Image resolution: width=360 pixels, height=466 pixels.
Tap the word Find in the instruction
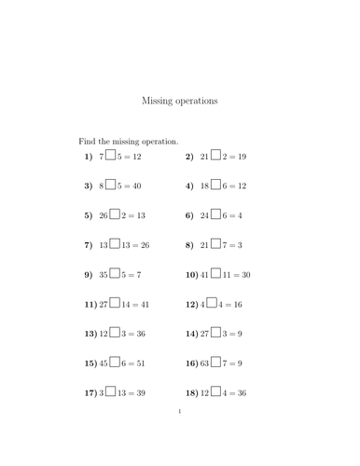tap(88, 141)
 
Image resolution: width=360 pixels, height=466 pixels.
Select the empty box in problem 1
tap(111, 157)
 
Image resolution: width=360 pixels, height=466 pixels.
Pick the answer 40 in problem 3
tap(136, 186)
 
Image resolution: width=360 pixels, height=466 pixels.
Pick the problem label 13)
tap(90, 334)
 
